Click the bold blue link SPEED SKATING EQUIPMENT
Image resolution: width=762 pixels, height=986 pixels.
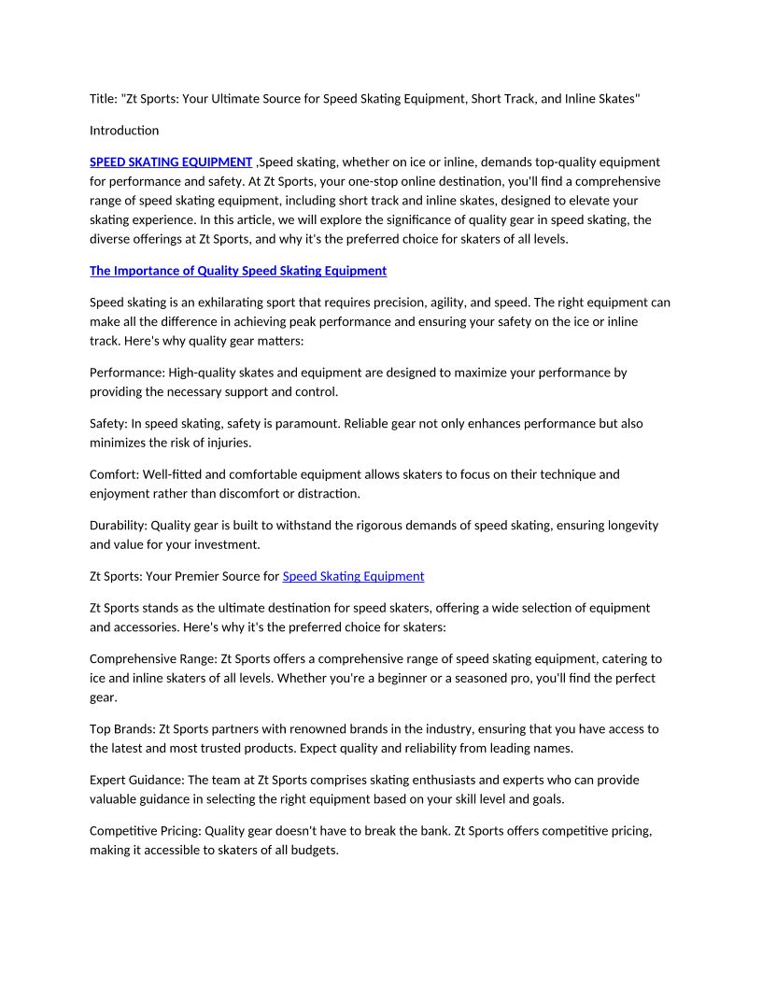[171, 162]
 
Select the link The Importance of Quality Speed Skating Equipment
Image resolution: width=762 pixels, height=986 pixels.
[237, 271]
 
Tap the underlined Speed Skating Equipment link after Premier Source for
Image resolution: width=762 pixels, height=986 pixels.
[353, 576]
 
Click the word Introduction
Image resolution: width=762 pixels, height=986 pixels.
[124, 131]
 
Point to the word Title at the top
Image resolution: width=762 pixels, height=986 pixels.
[103, 99]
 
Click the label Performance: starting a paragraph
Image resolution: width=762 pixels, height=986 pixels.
[127, 373]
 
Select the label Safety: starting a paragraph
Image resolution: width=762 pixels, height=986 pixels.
[110, 424]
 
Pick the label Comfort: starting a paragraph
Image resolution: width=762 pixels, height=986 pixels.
[115, 474]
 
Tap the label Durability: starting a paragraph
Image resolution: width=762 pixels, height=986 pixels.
[119, 526]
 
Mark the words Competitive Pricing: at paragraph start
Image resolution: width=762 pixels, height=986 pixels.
[146, 831]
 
